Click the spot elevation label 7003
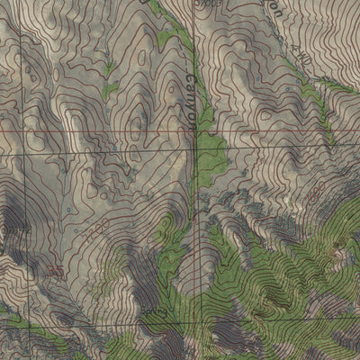pyautogui.click(x=210, y=4)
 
